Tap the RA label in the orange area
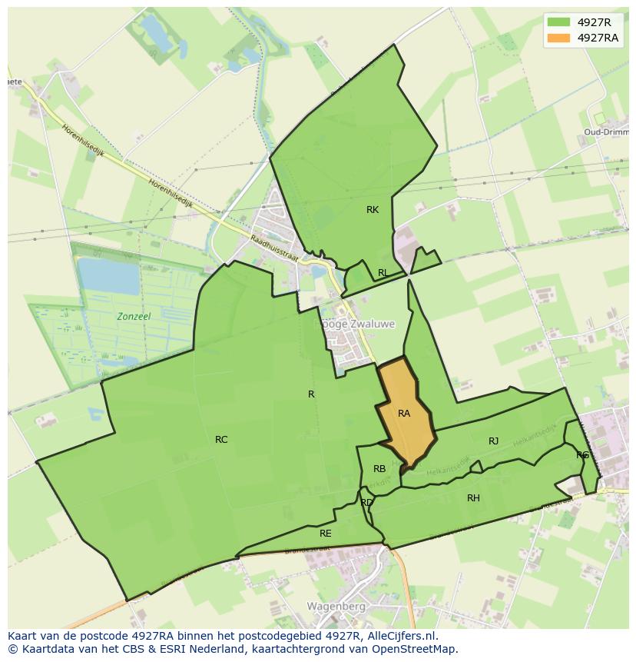[x=404, y=414]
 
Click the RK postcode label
[x=373, y=210]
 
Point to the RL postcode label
[x=383, y=273]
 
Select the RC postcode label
[x=221, y=440]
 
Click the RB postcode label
[x=379, y=469]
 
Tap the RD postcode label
[x=366, y=503]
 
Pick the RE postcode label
[x=326, y=533]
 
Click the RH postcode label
[x=473, y=498]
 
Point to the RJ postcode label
[x=493, y=441]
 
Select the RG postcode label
[x=582, y=455]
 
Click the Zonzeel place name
[x=134, y=317]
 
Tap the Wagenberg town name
[x=335, y=606]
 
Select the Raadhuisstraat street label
[x=273, y=248]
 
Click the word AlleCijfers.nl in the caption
[x=400, y=636]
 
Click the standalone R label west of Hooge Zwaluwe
[x=311, y=394]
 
